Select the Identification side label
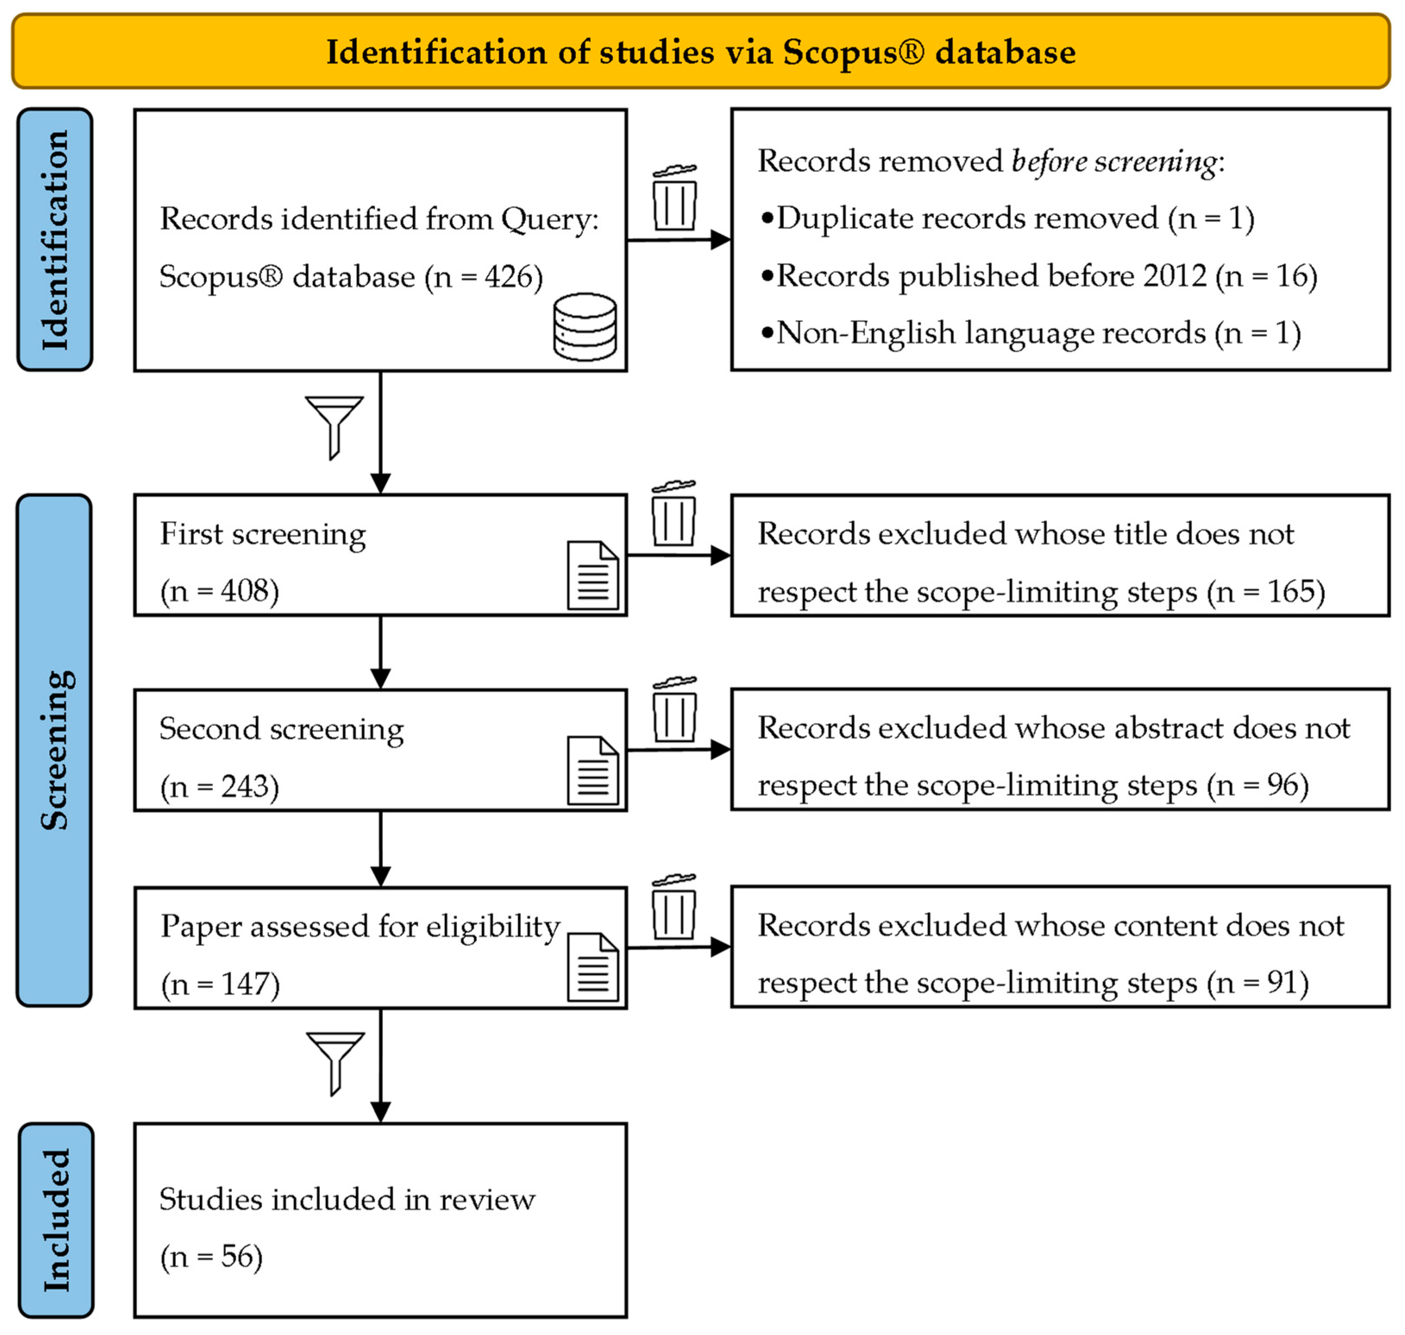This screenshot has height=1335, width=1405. pos(55,240)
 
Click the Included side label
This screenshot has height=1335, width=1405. pos(56,1220)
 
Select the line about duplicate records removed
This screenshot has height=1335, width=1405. pos(1007,218)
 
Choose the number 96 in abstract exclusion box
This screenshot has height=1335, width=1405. pos(1283,785)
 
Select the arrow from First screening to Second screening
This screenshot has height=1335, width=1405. pos(381,652)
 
